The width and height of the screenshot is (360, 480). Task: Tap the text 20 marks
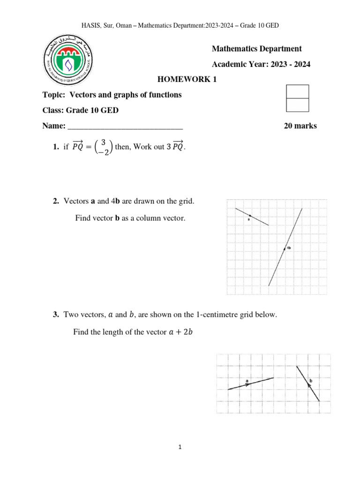300,126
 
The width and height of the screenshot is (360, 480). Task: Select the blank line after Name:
125,126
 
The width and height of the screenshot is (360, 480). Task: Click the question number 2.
55,201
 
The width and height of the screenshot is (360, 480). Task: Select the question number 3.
55,315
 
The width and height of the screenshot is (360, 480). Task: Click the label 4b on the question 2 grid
289,248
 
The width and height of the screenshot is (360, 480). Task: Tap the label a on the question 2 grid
248,219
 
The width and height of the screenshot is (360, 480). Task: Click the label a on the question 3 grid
247,381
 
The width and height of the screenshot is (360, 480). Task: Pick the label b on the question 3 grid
310,381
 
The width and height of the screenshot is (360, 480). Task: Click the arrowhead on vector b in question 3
308,384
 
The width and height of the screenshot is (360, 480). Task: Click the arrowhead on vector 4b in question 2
284,248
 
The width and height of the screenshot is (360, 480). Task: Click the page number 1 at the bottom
180,447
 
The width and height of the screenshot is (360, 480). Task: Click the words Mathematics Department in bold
256,49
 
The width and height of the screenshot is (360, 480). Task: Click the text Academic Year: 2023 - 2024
261,65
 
